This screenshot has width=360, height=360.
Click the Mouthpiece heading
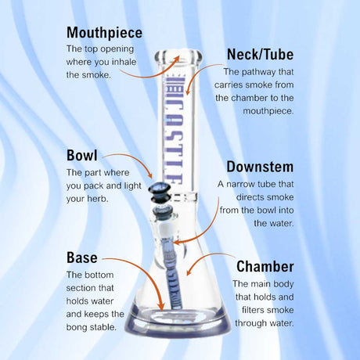(x=105, y=33)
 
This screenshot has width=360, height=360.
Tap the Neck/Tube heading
(x=260, y=54)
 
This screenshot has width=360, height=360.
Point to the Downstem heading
(x=260, y=167)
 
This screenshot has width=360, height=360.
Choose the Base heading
(x=82, y=257)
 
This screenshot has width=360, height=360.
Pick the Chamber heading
(x=265, y=267)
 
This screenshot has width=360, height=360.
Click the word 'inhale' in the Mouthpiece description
(x=123, y=62)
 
